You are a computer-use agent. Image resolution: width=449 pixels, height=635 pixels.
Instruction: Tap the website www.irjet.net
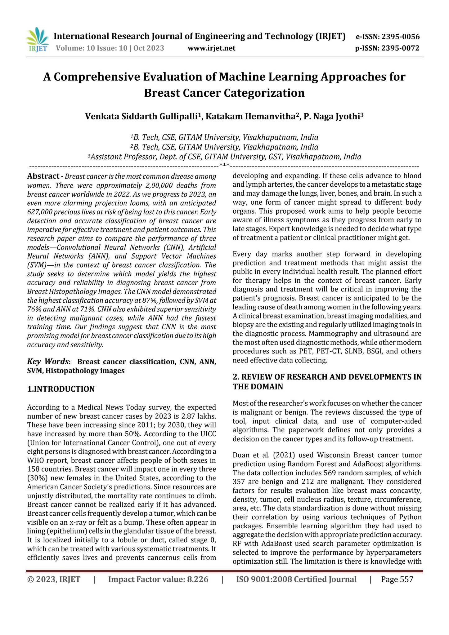point(212,48)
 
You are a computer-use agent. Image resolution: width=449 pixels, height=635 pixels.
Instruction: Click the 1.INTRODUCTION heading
point(61,389)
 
